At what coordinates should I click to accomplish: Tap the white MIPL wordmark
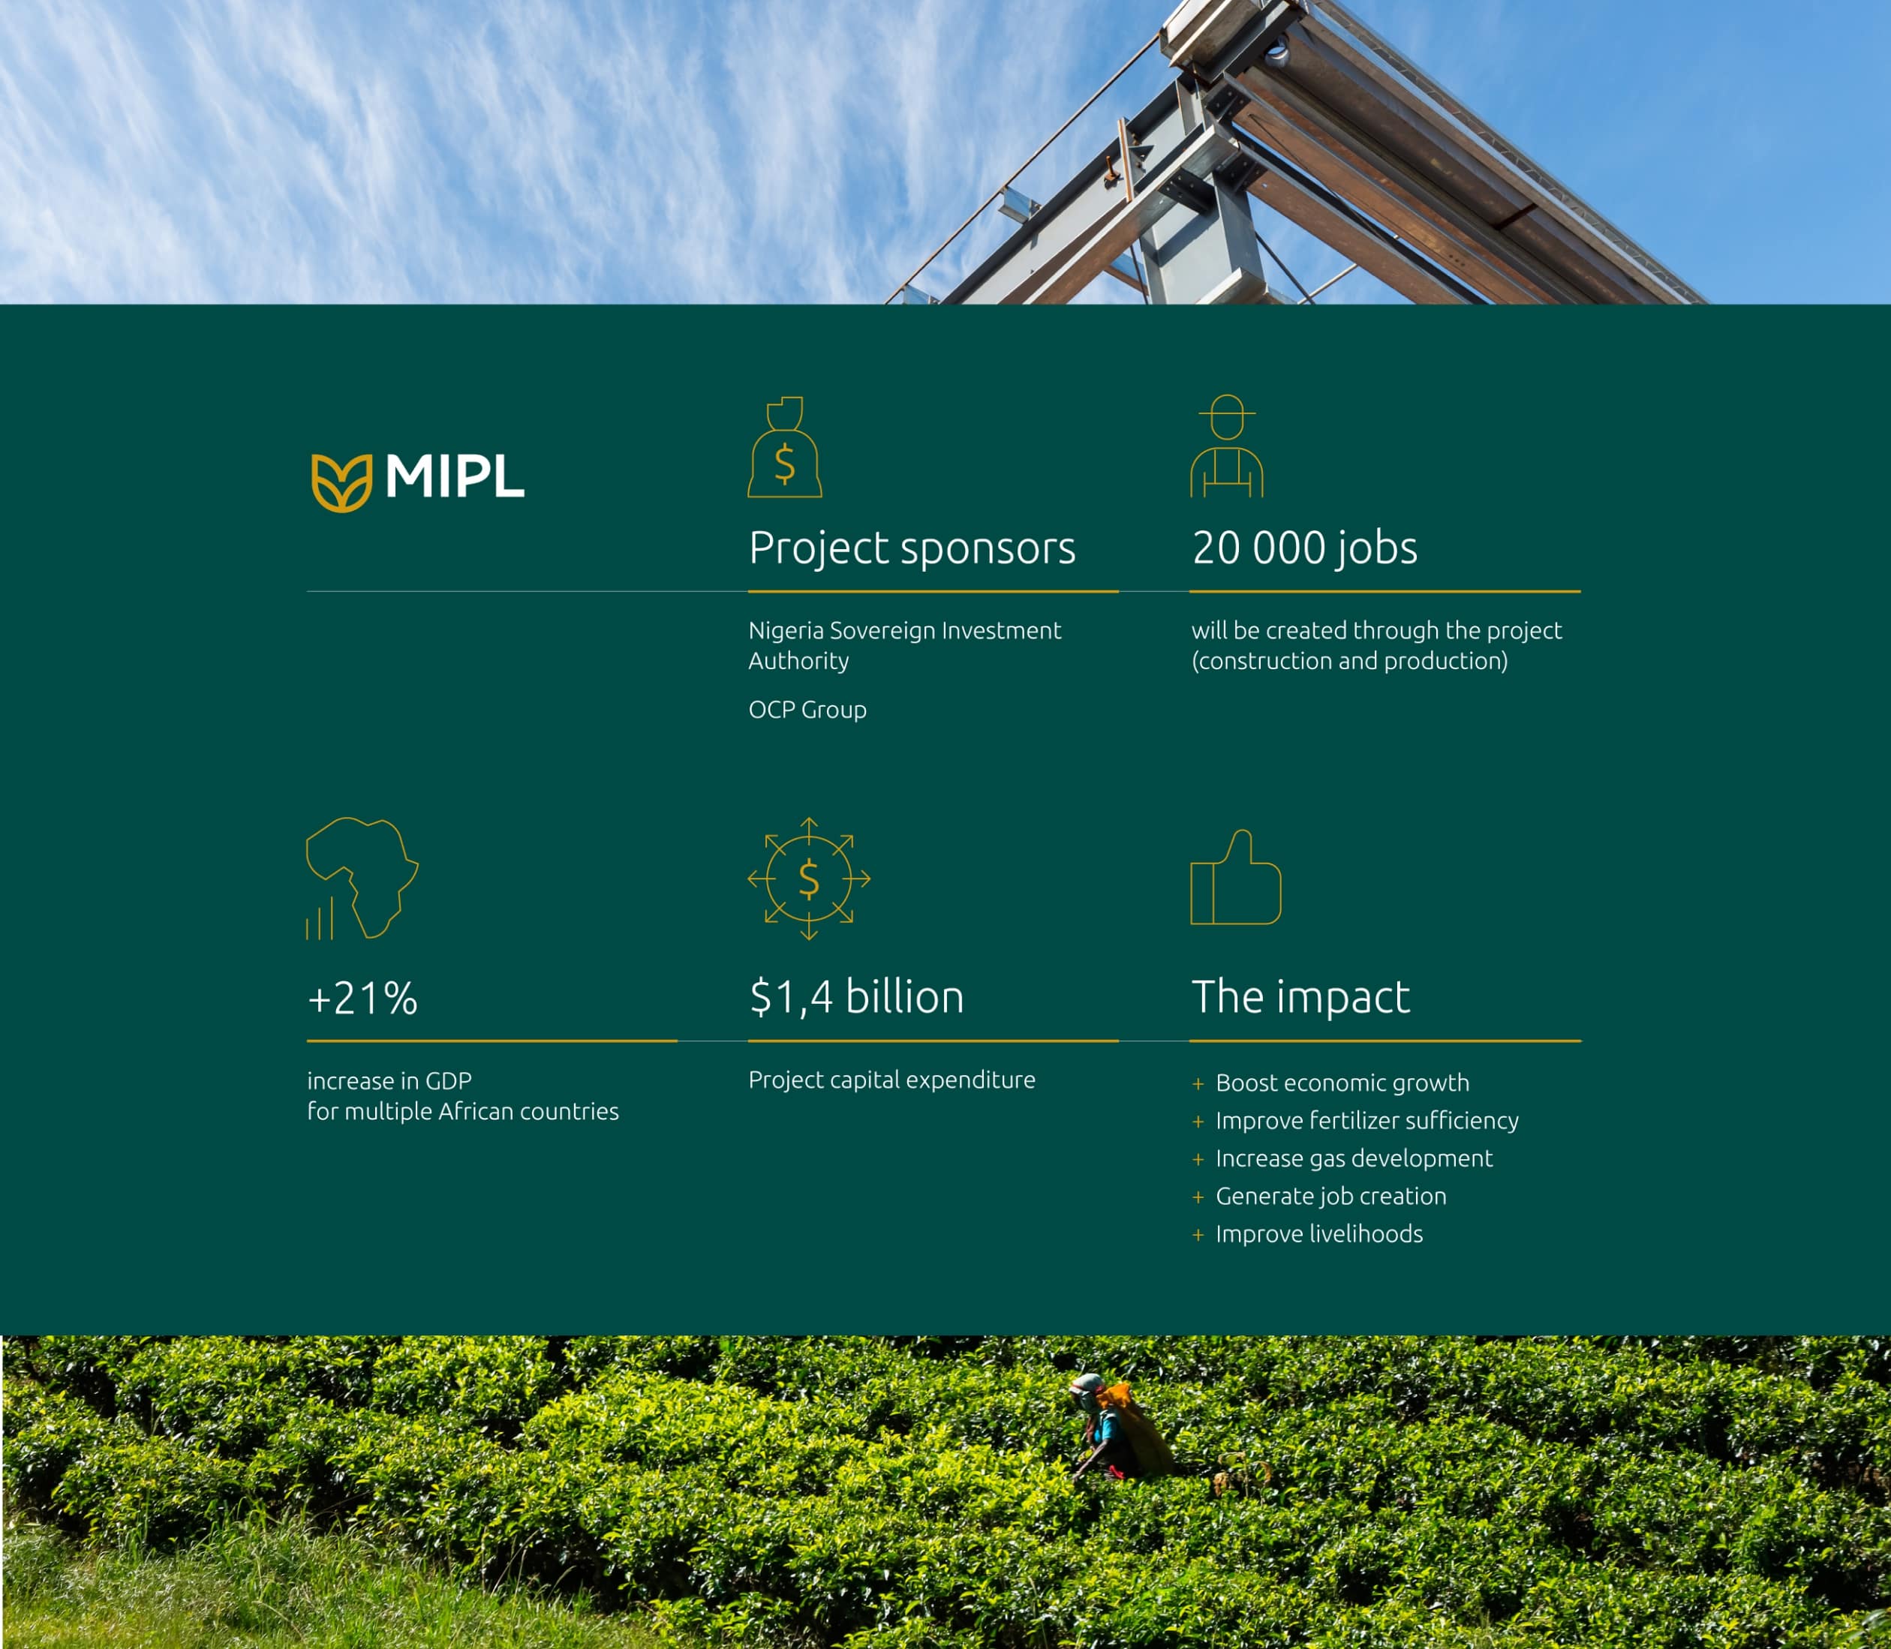pos(455,476)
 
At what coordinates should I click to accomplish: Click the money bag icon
pos(785,447)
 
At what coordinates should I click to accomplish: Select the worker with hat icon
pos(1227,446)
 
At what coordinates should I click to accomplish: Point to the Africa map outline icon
pos(362,878)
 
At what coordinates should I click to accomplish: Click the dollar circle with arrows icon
pos(809,879)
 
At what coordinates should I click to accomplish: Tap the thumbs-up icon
pos(1236,877)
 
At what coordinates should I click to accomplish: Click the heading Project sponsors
pos(912,548)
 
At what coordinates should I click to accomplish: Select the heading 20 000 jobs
pos(1305,548)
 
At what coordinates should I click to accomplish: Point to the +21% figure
pos(362,999)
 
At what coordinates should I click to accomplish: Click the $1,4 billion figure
pos(857,998)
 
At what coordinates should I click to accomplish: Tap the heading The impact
pos(1300,998)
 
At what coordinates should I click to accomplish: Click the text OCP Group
pos(807,710)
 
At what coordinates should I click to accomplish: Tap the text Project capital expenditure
pos(891,1080)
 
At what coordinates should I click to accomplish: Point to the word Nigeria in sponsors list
pos(786,631)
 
